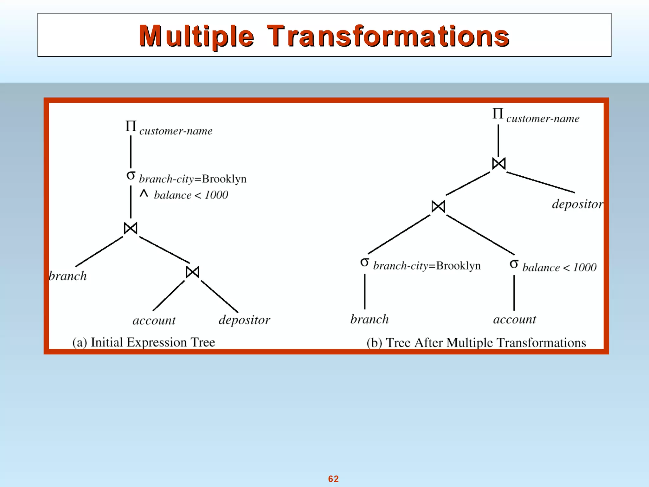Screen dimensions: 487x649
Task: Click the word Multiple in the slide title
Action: click(196, 36)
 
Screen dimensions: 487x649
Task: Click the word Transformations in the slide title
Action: click(388, 36)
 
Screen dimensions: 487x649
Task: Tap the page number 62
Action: click(333, 478)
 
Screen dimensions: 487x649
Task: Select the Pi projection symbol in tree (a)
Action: click(131, 126)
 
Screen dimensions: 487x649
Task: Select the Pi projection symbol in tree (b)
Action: click(498, 114)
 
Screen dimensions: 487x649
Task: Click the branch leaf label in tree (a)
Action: click(67, 276)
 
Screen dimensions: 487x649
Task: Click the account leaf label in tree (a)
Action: click(154, 320)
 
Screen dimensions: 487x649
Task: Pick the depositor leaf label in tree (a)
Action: click(244, 320)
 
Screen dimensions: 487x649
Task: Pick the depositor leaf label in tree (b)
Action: click(577, 204)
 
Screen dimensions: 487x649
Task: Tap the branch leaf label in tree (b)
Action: click(369, 319)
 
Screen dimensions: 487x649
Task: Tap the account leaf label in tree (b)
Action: click(515, 319)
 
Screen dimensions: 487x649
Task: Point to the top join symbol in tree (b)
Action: click(498, 164)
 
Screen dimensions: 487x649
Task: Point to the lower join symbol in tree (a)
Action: click(192, 272)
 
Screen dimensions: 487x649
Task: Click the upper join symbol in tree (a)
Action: click(131, 228)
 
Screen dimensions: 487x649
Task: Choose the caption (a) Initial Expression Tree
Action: click(144, 342)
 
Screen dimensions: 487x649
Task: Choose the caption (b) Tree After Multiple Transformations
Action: click(476, 343)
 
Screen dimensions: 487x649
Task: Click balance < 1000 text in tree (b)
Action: click(559, 267)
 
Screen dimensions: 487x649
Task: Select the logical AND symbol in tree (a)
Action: click(144, 193)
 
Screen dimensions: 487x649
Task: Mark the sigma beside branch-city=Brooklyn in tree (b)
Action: click(364, 262)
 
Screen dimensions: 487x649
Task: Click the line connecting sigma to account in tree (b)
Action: click(514, 293)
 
